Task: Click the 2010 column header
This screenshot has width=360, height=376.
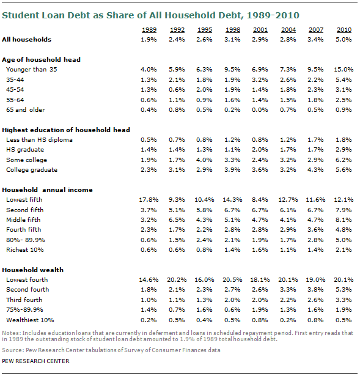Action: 344,30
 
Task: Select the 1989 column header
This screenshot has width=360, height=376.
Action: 149,30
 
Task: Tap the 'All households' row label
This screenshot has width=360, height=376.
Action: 27,40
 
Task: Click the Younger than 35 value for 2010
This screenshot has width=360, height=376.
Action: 343,70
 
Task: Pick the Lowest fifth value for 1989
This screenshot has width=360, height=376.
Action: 149,200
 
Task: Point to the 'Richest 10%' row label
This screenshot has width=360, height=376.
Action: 25,250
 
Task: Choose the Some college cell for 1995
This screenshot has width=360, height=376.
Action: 204,160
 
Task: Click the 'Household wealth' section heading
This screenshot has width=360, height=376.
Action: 33,270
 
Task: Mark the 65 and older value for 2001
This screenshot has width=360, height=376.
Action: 260,110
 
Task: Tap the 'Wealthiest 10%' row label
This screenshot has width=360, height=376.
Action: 30,320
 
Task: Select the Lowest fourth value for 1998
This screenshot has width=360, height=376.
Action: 232,280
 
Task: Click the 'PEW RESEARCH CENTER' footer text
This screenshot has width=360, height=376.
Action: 35,361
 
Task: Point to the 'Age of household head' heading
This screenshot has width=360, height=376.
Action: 41,59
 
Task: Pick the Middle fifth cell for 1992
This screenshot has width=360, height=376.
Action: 177,220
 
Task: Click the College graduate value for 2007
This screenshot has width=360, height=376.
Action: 315,170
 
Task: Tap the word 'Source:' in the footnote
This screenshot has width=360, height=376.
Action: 13,350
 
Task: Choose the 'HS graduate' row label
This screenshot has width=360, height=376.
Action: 25,150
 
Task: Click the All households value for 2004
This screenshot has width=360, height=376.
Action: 288,40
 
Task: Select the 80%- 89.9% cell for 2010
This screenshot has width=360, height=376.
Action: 343,240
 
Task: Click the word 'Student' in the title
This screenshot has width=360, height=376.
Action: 20,15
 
